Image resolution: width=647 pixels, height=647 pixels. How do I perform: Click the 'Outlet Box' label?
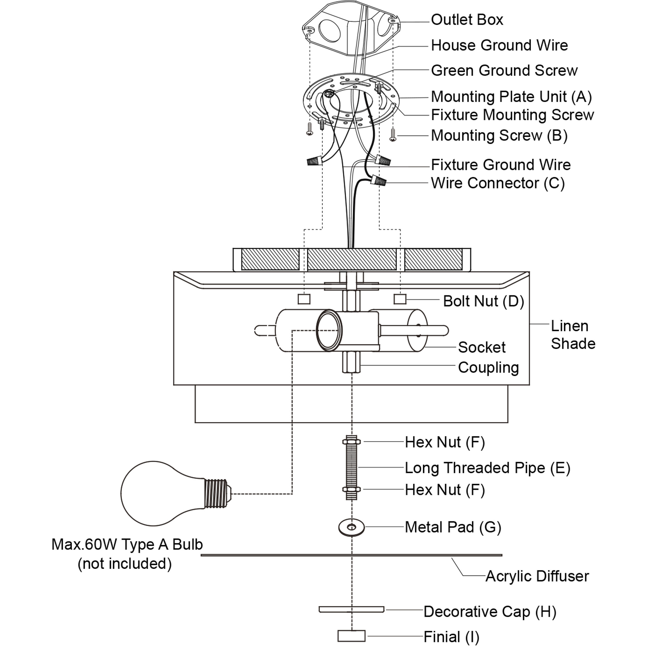click(467, 20)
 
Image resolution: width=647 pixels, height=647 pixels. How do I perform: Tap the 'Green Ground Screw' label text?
click(504, 71)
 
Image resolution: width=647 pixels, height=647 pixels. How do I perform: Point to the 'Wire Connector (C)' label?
click(498, 183)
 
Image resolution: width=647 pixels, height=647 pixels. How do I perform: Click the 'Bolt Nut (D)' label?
click(483, 301)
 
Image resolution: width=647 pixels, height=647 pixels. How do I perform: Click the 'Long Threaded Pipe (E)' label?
click(487, 468)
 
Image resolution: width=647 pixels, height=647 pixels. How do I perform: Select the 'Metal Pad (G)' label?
click(453, 527)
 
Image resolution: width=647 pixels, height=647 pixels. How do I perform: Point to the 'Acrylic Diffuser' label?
click(537, 576)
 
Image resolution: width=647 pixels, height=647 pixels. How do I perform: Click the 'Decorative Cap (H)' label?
click(490, 612)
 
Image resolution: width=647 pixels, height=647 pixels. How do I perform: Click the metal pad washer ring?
click(351, 527)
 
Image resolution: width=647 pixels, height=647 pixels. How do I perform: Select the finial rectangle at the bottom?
click(351, 636)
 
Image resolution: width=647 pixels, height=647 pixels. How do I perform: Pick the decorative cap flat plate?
click(351, 609)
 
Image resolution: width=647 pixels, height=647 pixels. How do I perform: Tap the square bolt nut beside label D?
click(400, 299)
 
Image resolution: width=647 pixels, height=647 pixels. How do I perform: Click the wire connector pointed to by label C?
click(378, 182)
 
